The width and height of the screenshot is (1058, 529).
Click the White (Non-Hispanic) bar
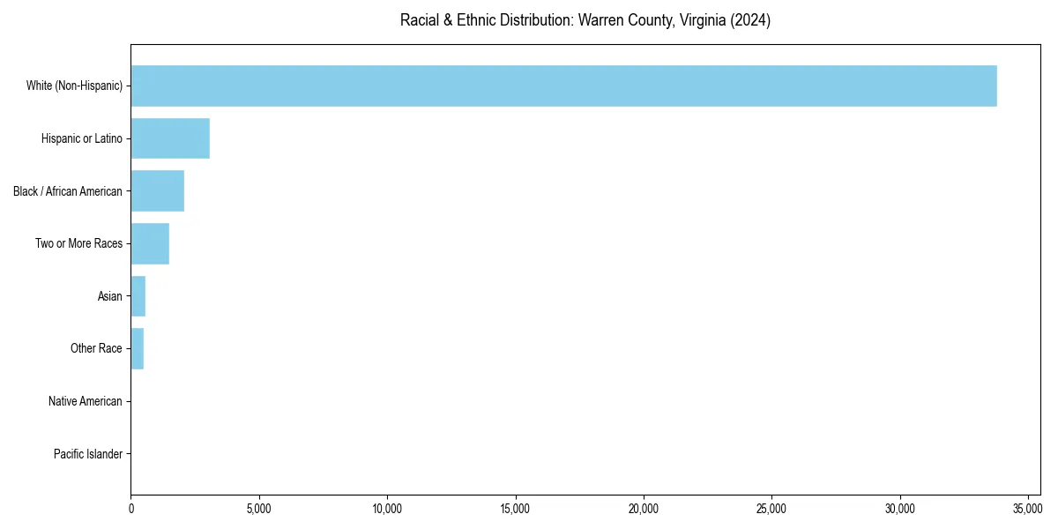pos(564,86)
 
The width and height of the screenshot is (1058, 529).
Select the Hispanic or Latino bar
pos(170,138)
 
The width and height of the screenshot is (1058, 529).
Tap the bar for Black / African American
pos(158,191)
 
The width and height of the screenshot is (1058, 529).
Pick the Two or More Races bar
pos(150,243)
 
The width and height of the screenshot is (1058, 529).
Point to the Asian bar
pos(138,296)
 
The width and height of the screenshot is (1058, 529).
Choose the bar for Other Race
pos(138,348)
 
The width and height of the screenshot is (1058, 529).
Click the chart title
pos(585,20)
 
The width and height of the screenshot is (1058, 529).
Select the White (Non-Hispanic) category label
pos(74,86)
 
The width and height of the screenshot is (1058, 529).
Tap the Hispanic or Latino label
pos(82,138)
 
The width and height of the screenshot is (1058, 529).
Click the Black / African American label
pos(68,191)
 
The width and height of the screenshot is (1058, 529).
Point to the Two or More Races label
pos(78,243)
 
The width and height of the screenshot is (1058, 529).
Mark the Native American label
pos(86,401)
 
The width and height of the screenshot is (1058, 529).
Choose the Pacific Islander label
pos(88,454)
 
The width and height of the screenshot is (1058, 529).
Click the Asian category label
pos(110,296)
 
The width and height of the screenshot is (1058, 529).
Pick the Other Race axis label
pos(96,348)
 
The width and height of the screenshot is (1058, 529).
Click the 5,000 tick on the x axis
pos(259,509)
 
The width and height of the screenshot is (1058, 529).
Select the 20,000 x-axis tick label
pos(644,509)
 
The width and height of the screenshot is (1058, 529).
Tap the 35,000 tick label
pos(1028,509)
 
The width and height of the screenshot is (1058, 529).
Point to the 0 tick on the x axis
pos(131,509)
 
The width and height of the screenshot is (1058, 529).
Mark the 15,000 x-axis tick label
pos(515,509)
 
